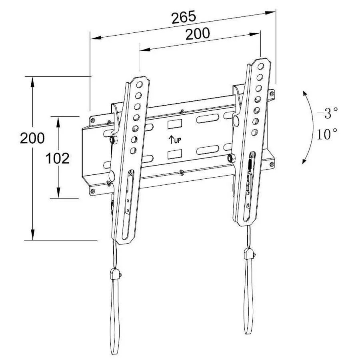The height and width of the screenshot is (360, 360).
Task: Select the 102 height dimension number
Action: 58,158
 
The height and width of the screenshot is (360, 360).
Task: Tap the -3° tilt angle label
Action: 327,114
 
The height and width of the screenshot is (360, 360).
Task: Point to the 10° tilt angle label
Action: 327,134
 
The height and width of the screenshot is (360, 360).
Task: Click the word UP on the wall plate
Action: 178,140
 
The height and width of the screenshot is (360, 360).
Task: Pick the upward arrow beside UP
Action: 171,140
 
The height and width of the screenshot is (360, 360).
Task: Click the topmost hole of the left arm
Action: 140,85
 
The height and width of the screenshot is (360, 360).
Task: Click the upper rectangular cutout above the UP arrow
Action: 175,124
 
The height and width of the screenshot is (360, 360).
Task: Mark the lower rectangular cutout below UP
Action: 175,154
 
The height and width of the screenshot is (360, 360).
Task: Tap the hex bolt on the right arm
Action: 230,158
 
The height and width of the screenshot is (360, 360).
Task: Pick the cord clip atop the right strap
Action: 248,254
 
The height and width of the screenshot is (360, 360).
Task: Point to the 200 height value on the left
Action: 32,138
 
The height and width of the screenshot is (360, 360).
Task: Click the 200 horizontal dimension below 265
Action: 197,34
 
